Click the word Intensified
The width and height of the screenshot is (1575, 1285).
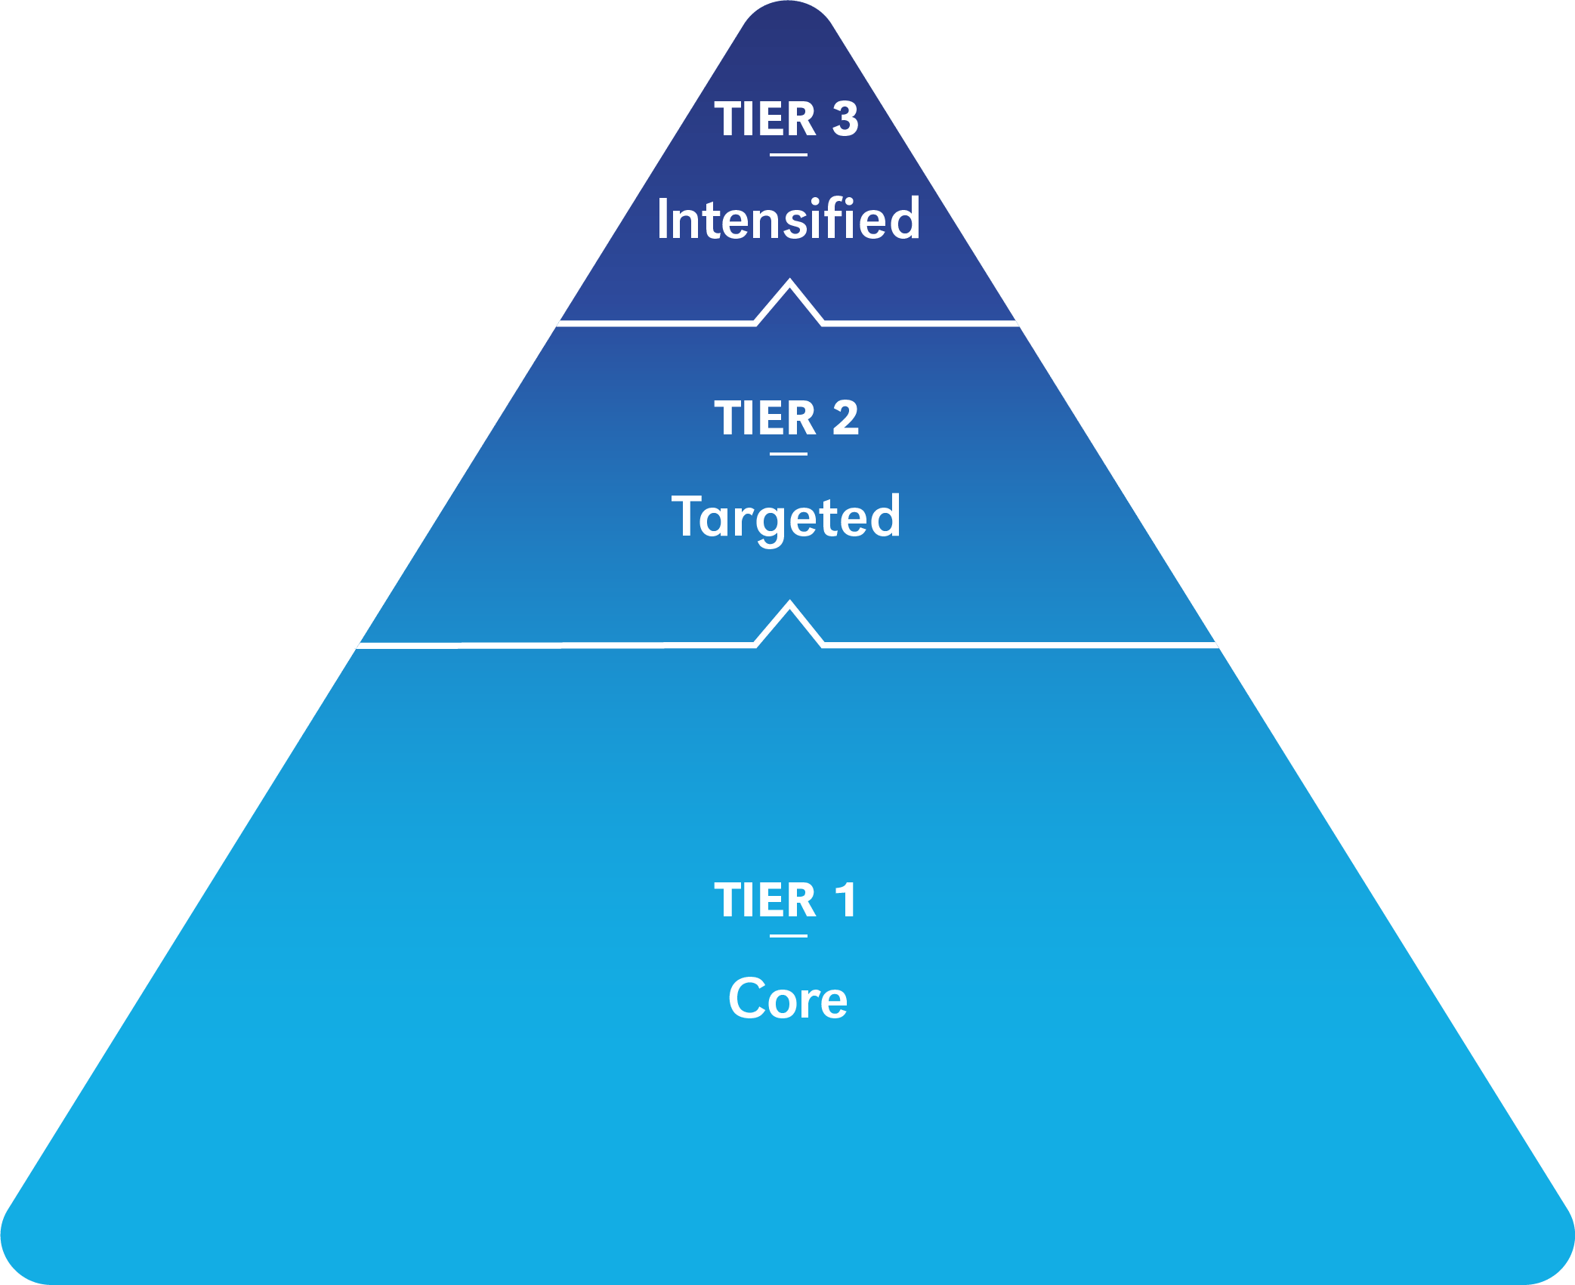pos(788,219)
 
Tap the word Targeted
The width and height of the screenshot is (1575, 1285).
pos(786,518)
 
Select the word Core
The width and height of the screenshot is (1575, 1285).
pos(788,999)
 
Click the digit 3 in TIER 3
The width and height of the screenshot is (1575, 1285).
pos(845,119)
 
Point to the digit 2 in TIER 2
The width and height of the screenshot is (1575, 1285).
pos(845,419)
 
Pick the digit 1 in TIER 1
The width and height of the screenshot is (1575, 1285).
pos(845,900)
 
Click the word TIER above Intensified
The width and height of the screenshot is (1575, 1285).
pos(765,119)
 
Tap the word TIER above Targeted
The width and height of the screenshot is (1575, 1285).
pos(765,419)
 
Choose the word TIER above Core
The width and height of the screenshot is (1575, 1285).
pos(765,900)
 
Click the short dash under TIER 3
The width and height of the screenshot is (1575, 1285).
pos(789,155)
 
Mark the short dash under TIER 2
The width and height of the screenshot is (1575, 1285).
pos(789,454)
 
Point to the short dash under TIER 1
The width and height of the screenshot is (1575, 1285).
pos(789,936)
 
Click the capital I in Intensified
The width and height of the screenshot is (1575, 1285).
pos(662,219)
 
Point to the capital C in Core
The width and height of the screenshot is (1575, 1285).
pos(748,999)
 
